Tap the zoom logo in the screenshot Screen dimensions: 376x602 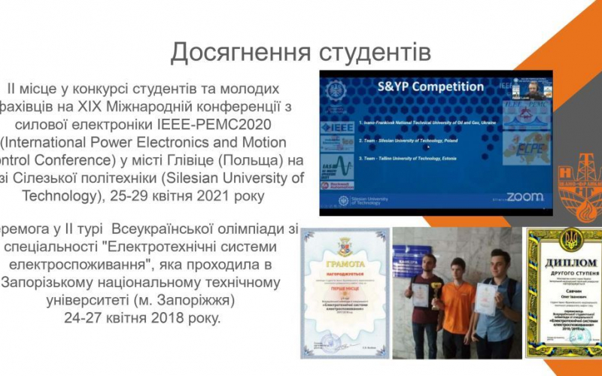524,196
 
